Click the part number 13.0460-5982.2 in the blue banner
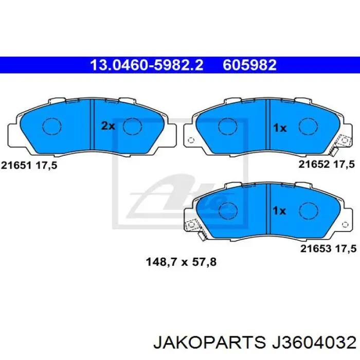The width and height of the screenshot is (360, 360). click(x=147, y=65)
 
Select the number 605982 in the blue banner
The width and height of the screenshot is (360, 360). click(x=249, y=65)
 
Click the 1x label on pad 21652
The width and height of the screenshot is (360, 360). click(x=279, y=128)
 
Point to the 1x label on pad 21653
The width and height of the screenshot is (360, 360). click(x=279, y=210)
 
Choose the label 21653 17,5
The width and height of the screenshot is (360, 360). click(x=328, y=248)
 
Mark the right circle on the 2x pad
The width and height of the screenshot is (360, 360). click(x=133, y=126)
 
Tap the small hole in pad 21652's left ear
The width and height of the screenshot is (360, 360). click(x=190, y=139)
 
